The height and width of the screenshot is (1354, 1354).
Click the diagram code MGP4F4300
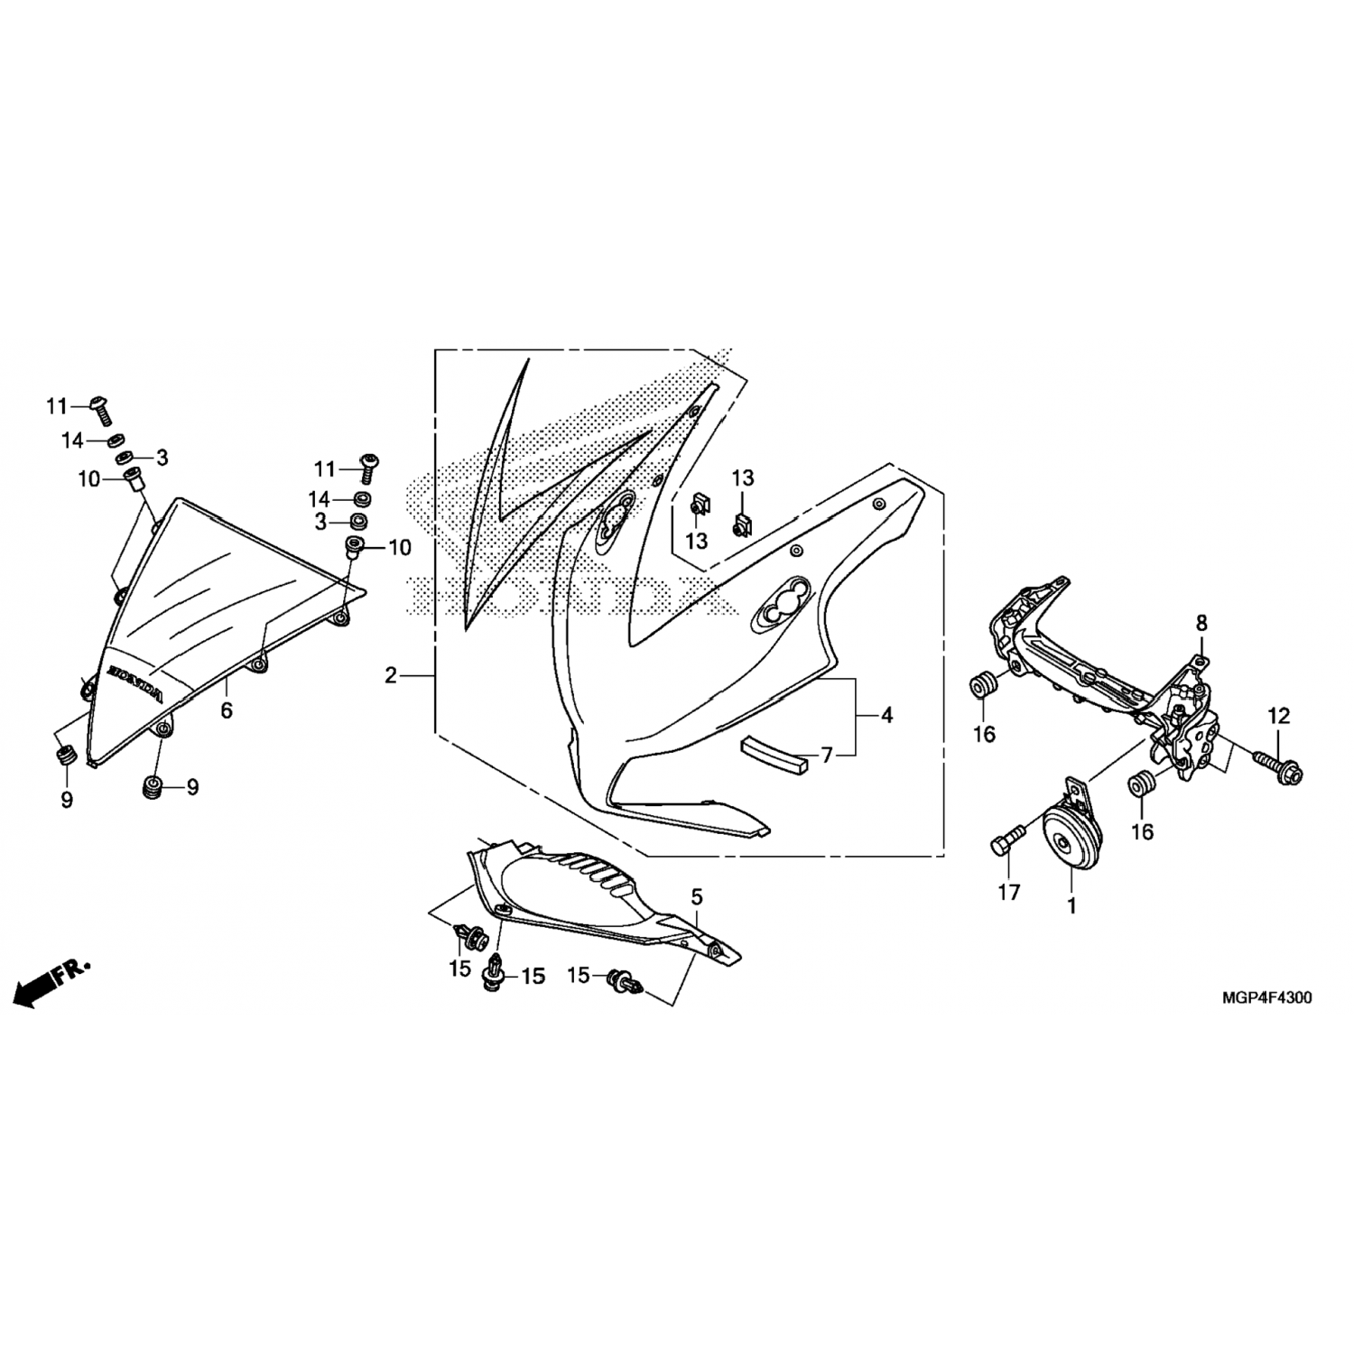1267,998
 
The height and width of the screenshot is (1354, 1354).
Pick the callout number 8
1201,623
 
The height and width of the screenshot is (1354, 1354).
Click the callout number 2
390,675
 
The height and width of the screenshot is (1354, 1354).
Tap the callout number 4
887,715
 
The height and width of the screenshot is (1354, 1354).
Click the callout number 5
696,896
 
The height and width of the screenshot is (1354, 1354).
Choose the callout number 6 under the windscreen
227,710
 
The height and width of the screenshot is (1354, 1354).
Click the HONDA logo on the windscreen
136,685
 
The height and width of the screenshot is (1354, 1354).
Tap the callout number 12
1279,717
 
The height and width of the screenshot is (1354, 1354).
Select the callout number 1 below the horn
1071,905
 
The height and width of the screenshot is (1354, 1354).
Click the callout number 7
826,754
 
